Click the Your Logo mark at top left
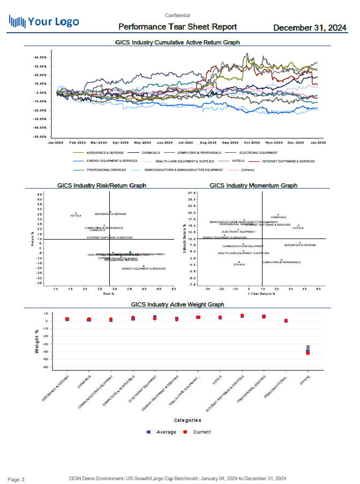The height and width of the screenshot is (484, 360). pyautogui.click(x=44, y=21)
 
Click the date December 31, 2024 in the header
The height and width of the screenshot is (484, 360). pyautogui.click(x=309, y=27)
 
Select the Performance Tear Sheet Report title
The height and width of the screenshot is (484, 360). pyautogui.click(x=177, y=27)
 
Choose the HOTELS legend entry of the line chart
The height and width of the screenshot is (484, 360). pyautogui.click(x=238, y=160)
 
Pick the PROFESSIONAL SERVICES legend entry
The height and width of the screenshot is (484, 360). pyautogui.click(x=106, y=169)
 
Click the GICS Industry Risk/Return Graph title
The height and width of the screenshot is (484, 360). pyautogui.click(x=102, y=185)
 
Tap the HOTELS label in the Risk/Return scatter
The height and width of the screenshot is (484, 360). pyautogui.click(x=76, y=215)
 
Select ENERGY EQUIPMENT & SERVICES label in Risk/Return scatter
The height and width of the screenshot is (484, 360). pyautogui.click(x=144, y=269)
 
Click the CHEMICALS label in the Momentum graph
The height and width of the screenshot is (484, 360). pyautogui.click(x=278, y=217)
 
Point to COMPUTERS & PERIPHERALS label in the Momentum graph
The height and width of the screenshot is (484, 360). pyautogui.click(x=281, y=262)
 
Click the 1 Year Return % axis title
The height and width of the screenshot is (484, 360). pyautogui.click(x=261, y=294)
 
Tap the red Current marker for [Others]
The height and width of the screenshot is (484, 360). pyautogui.click(x=308, y=353)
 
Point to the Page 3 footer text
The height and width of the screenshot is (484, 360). pyautogui.click(x=16, y=478)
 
